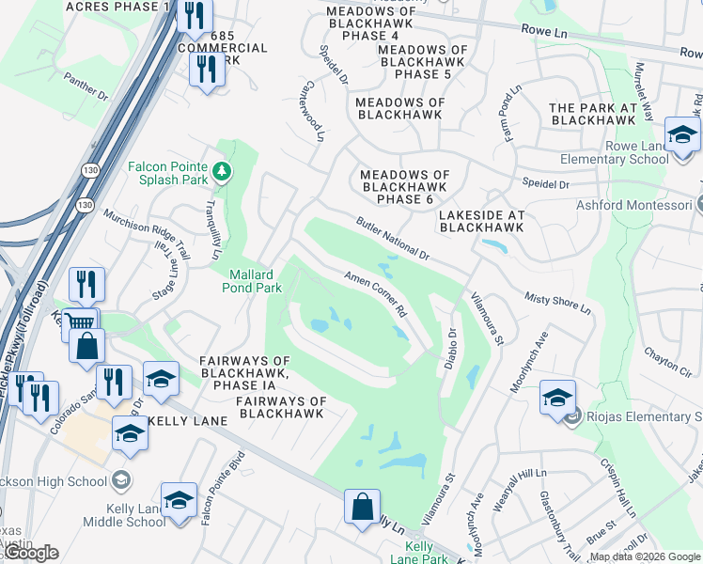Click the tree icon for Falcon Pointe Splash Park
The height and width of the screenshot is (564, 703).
point(222,170)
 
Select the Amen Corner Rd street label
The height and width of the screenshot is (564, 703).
point(375,293)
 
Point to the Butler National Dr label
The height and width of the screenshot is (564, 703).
point(392,239)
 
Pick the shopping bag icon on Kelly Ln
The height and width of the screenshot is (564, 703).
point(362,508)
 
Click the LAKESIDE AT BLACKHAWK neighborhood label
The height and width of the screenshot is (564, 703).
point(481,221)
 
